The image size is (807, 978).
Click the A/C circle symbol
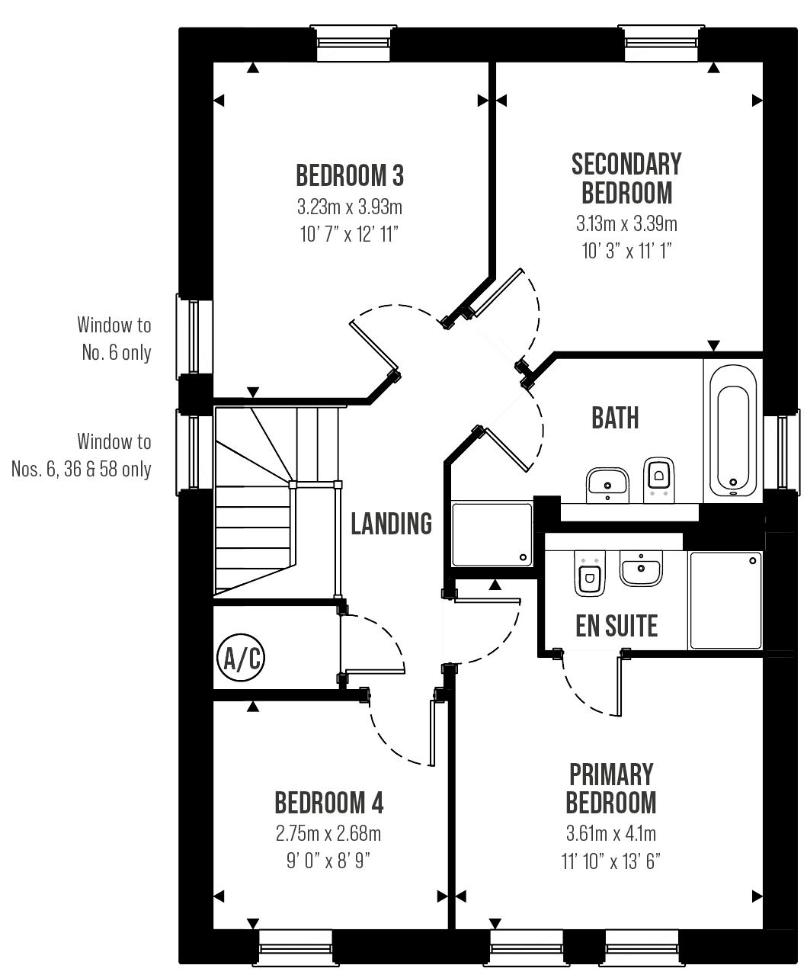click(240, 657)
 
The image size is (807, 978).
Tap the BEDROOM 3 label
click(350, 176)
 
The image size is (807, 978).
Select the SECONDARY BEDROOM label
click(626, 178)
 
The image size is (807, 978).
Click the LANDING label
click(391, 524)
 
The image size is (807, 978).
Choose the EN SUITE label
click(616, 627)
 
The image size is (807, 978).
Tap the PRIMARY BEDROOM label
click(611, 788)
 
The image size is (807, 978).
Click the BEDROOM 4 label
click(328, 803)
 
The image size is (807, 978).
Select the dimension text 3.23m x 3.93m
click(350, 207)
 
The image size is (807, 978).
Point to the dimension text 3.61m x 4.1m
click(611, 833)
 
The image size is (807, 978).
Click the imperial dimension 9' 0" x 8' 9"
click(328, 861)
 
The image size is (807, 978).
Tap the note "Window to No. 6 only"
click(114, 338)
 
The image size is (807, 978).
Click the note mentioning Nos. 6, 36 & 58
click(82, 455)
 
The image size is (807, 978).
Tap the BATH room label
click(615, 418)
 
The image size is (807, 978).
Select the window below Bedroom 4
click(296, 948)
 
